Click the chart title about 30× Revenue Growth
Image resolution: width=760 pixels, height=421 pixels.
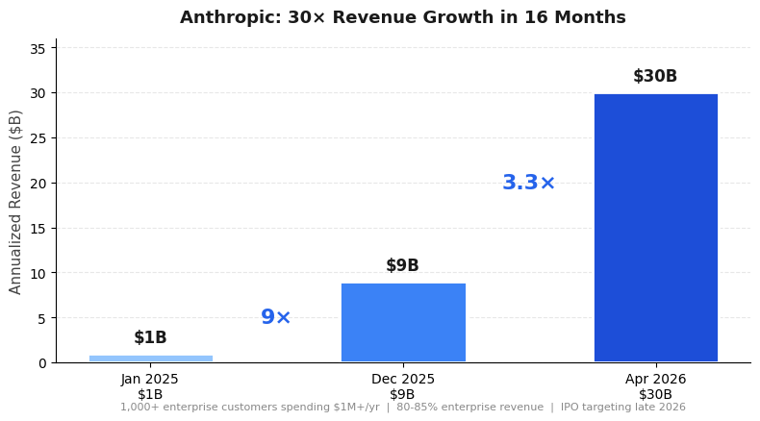[402, 18]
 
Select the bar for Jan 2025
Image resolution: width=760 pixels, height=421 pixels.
[151, 359]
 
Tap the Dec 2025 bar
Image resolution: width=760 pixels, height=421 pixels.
[403, 322]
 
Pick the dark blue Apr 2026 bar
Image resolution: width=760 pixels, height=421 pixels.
[655, 228]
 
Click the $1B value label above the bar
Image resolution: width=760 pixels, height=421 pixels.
[151, 337]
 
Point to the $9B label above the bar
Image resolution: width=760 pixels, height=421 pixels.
[403, 266]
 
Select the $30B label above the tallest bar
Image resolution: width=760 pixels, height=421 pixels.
[655, 77]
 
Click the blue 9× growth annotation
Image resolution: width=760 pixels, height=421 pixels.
[276, 317]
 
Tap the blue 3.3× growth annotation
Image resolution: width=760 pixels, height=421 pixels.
[529, 183]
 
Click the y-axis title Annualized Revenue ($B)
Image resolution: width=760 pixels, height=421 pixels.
[16, 202]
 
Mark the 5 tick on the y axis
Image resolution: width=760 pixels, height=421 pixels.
[41, 318]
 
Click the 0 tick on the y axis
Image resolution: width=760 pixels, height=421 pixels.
[41, 363]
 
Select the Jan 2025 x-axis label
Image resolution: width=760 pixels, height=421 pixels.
[151, 380]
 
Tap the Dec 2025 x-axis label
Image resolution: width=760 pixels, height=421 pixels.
[403, 380]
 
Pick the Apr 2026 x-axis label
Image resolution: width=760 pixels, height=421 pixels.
[655, 380]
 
